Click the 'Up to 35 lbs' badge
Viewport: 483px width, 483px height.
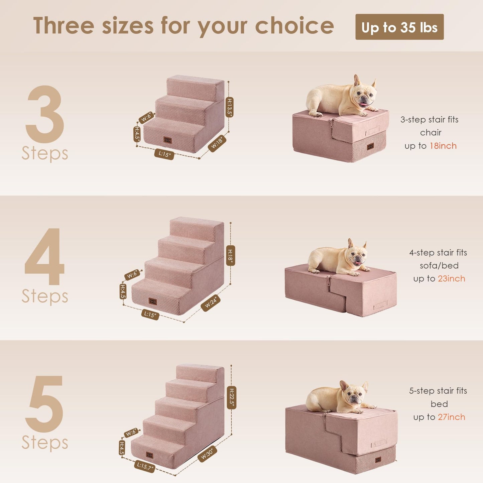click(x=399, y=27)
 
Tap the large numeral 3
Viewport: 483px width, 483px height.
click(x=45, y=114)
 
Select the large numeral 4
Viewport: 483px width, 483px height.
click(x=44, y=257)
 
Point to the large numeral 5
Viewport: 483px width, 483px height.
click(x=45, y=404)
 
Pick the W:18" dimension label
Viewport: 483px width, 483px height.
click(x=217, y=143)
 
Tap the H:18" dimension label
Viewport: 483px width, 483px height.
click(x=230, y=255)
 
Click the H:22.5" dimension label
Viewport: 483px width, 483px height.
click(x=232, y=397)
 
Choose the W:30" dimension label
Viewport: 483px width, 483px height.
click(x=207, y=454)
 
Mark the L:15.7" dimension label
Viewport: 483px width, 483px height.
click(x=145, y=466)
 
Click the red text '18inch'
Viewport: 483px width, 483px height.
click(x=443, y=146)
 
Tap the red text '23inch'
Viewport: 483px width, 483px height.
click(x=451, y=278)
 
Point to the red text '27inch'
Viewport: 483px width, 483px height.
click(x=451, y=417)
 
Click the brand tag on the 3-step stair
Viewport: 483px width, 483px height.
click(x=167, y=140)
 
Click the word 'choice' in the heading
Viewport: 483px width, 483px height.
click(x=294, y=26)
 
